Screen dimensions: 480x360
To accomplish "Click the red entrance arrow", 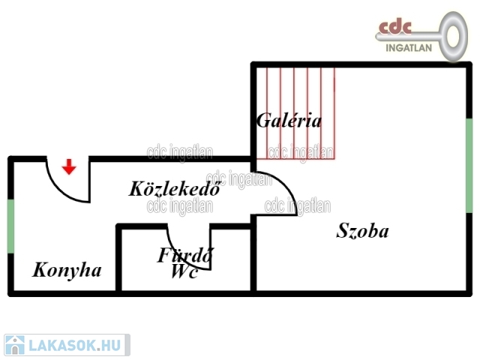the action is [69, 166].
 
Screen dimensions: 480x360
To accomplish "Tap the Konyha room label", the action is [67, 270].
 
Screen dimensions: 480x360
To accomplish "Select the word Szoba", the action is [362, 230].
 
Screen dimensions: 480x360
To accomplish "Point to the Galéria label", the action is [289, 120].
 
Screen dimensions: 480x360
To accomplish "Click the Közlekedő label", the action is [175, 188].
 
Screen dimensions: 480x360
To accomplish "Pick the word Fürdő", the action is [185, 255].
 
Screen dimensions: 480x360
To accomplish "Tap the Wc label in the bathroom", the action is [184, 271].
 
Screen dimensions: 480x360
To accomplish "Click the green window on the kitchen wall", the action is [10, 226].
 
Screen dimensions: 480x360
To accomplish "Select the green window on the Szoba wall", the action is [469, 165].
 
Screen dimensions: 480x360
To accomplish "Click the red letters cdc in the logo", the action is [395, 27].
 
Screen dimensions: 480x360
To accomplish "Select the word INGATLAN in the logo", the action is [409, 48].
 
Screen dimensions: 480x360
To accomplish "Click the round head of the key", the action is [453, 36].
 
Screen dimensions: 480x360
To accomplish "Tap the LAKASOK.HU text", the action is [75, 345].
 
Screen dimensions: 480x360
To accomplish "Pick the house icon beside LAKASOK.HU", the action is [15, 345].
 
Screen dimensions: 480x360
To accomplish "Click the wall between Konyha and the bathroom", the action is [118, 258].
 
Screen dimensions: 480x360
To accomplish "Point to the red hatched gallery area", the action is [295, 113].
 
